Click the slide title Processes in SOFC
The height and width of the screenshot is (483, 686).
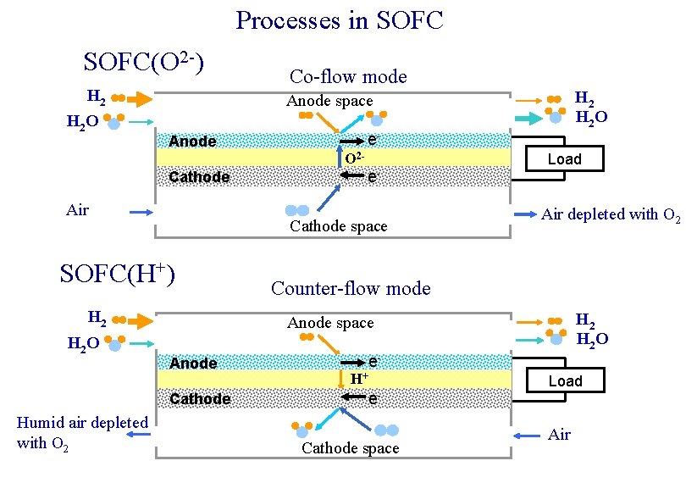pos(339,20)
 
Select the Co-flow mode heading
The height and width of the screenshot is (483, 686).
pos(348,77)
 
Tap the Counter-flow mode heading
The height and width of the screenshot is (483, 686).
pos(351,289)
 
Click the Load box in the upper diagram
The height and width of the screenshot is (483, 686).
pos(564,159)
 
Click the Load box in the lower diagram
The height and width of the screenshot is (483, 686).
pos(565,381)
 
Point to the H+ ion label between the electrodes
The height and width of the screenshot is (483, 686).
pos(359,379)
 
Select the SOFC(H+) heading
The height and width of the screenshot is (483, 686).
pos(118,274)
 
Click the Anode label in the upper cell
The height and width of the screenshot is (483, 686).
pos(192,142)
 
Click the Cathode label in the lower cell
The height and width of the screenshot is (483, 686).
pos(200,399)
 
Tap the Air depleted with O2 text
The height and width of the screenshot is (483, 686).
pos(611,215)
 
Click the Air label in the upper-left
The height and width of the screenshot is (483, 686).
pos(77,210)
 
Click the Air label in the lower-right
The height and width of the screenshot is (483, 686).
pos(559,435)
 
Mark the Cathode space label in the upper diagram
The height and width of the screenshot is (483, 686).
pos(338,226)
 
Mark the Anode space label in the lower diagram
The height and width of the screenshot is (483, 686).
pos(330,323)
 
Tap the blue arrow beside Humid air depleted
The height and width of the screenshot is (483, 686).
pos(139,434)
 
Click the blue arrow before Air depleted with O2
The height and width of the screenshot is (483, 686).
pos(523,215)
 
